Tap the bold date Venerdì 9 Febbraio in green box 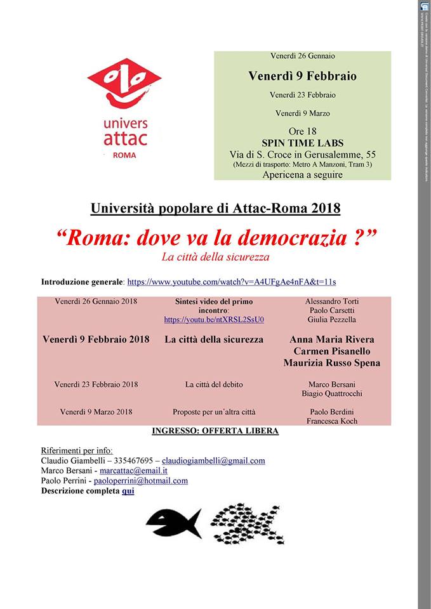click(x=302, y=76)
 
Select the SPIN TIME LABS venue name click(x=302, y=143)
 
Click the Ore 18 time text click(x=302, y=132)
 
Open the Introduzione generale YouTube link click(x=232, y=281)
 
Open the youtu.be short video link click(x=214, y=320)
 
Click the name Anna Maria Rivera click(x=332, y=339)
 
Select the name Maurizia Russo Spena click(x=332, y=363)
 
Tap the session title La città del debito click(x=214, y=384)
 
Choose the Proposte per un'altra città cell click(x=214, y=412)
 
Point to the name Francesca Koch click(x=332, y=421)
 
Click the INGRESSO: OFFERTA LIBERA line click(x=215, y=431)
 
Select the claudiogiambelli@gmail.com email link click(x=213, y=461)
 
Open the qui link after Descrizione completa click(x=128, y=490)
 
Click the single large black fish click(x=173, y=523)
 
